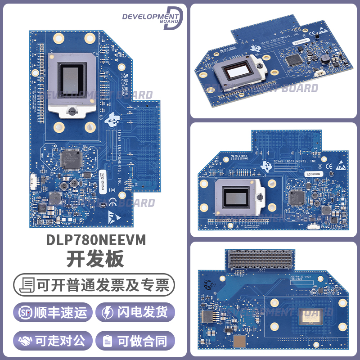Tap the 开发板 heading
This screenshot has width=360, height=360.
click(95, 260)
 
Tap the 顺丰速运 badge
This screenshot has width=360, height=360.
click(53, 312)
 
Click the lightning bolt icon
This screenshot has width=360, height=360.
click(108, 312)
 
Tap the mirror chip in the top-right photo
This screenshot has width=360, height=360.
click(237, 71)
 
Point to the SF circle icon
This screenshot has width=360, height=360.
click(24, 312)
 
